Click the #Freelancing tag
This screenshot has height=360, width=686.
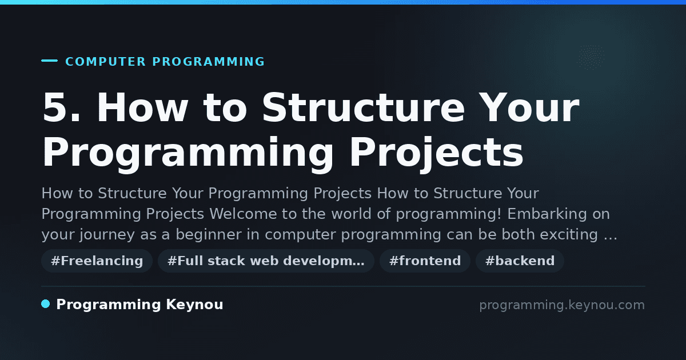click(97, 261)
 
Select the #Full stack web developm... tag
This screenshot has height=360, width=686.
click(266, 261)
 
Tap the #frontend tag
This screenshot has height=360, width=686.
click(425, 261)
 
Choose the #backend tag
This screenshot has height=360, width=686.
click(520, 261)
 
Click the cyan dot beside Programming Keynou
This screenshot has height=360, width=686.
click(46, 304)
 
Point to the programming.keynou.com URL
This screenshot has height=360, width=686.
click(562, 305)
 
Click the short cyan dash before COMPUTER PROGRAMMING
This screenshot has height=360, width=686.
click(49, 61)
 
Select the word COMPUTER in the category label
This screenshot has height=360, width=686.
click(105, 62)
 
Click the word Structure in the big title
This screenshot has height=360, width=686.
click(364, 107)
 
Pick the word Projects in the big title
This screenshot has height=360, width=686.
click(437, 153)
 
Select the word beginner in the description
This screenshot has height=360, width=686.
click(209, 234)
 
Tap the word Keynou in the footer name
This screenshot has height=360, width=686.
click(194, 305)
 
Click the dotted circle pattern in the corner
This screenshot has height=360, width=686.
click(591, 57)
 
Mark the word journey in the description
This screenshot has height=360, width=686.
click(107, 235)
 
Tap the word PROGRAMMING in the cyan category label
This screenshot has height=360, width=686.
click(208, 62)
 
